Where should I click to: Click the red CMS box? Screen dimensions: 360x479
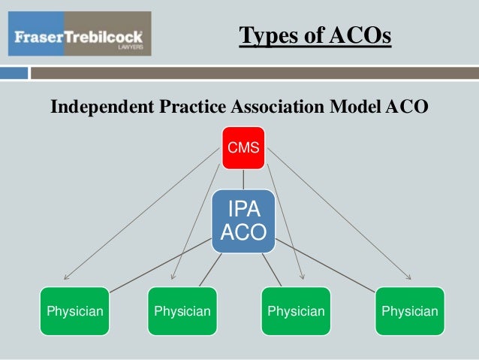click(243, 148)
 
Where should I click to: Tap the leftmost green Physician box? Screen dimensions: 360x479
click(75, 310)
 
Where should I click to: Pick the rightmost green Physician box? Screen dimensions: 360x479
click(409, 310)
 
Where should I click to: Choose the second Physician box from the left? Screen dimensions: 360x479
click(182, 310)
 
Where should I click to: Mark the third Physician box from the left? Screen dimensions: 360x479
click(296, 310)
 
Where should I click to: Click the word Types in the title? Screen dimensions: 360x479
click(264, 35)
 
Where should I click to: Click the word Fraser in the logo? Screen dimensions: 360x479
click(38, 36)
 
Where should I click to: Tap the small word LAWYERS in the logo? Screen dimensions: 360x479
click(129, 47)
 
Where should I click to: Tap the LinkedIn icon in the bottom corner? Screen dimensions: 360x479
click(466, 349)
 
